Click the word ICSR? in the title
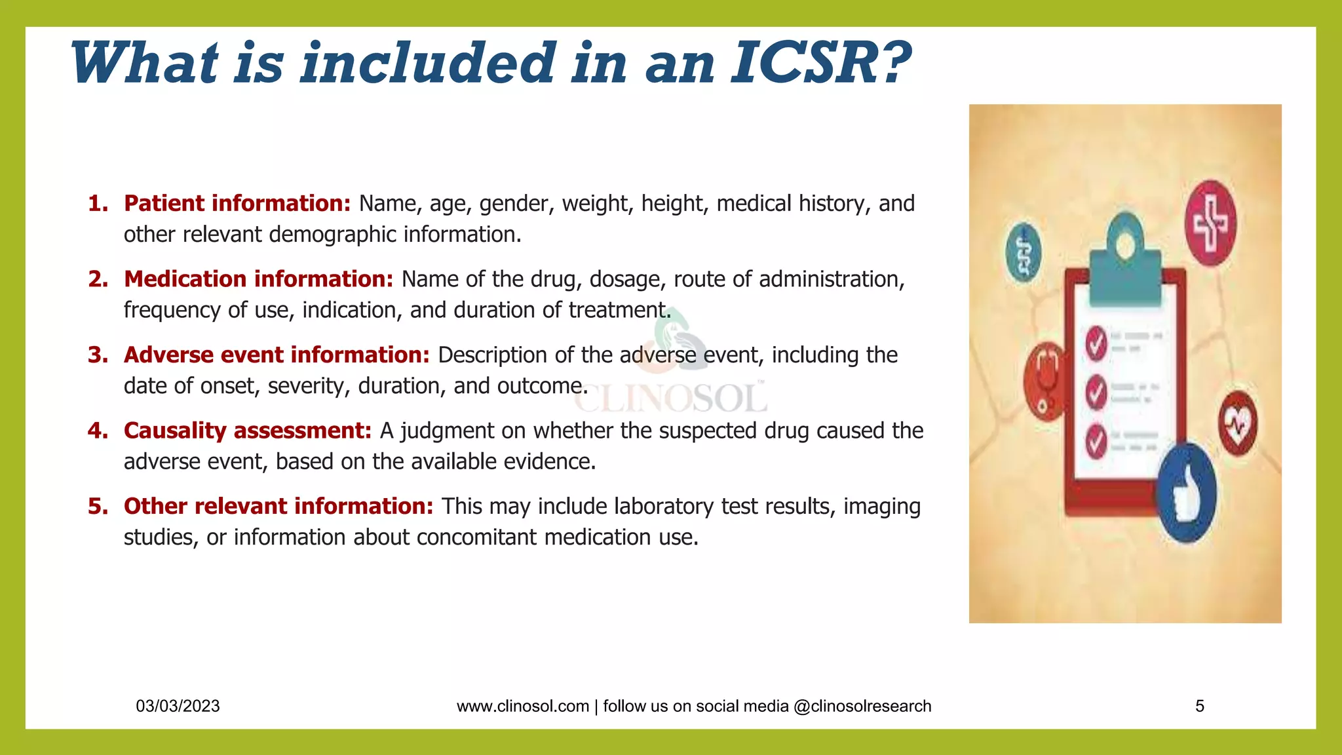[820, 64]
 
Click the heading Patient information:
[237, 204]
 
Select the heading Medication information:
[258, 279]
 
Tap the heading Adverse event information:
[277, 355]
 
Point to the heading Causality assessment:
[247, 431]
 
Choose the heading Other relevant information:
[278, 507]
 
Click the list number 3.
[98, 355]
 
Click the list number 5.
[98, 507]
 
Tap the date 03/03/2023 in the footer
[178, 706]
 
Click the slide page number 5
[1200, 706]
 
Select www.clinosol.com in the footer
[522, 706]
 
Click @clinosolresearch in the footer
[862, 706]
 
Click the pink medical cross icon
[1210, 223]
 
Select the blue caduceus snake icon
[1023, 252]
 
